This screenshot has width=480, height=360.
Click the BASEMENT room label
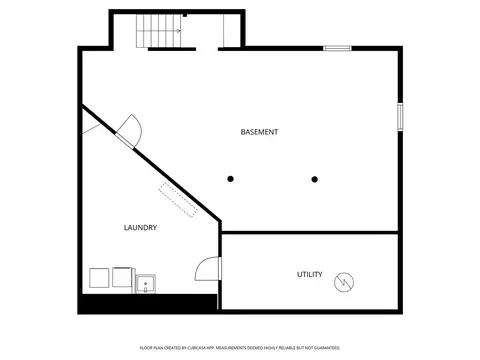259,132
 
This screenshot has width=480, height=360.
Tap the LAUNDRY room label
140,228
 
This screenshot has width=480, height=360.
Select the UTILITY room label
310,274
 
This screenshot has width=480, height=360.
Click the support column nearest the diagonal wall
230,179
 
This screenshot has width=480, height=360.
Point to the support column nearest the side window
315,179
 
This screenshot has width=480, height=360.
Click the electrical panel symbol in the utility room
344,282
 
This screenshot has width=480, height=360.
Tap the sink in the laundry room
146,284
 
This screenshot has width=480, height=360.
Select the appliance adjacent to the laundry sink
123,277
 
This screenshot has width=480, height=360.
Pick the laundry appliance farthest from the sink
99,278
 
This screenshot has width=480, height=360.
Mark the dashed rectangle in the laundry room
178,200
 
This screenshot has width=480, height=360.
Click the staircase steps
159,31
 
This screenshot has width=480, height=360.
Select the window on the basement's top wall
337,49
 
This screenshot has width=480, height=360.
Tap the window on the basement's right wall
400,117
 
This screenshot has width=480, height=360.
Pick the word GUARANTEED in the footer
330,348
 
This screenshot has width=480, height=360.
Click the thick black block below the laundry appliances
149,304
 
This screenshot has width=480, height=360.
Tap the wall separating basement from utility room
310,232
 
